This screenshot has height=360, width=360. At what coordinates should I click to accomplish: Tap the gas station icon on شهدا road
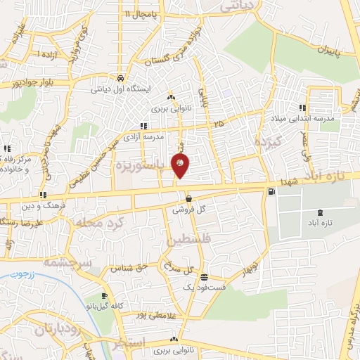tap(271, 191)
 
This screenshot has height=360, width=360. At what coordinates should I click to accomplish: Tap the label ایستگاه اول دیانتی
tap(121, 89)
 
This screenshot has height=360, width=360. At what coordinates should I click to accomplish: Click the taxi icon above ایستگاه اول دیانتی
tap(121, 78)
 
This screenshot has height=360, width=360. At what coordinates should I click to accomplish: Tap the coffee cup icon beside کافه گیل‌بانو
tap(103, 296)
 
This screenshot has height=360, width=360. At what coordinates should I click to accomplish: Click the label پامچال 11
tap(137, 13)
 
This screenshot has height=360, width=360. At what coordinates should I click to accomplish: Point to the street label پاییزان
tap(325, 50)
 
